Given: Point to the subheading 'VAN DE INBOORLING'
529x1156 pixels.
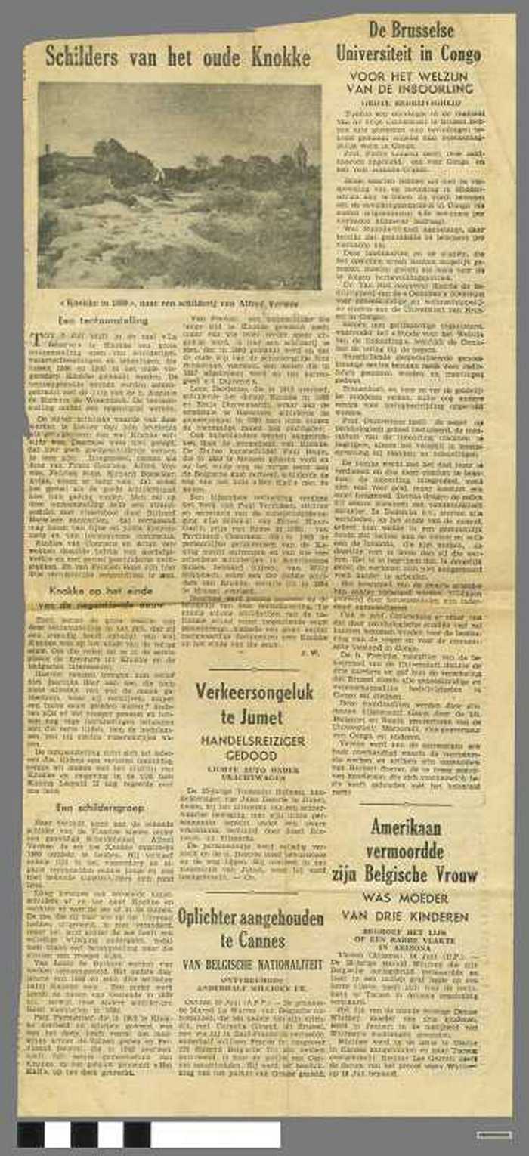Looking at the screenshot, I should click(409, 88).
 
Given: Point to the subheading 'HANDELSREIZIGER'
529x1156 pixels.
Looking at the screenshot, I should click(255, 741).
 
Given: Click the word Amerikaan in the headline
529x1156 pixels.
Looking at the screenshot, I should click(406, 827).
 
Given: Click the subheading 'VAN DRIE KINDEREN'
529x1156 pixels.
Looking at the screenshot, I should click(405, 916).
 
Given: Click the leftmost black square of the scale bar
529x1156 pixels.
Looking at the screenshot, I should click(31, 1134).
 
